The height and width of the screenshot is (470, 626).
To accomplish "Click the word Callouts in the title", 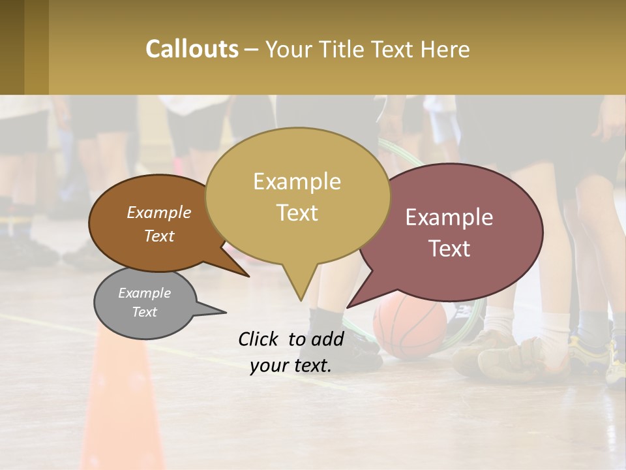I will (192, 50).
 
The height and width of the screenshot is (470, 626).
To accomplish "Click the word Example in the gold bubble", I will (297, 181).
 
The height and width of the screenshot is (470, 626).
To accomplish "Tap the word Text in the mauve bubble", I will (449, 249).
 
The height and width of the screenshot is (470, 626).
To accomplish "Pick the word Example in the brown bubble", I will (158, 213).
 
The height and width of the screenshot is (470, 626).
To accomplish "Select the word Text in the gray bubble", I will (144, 312).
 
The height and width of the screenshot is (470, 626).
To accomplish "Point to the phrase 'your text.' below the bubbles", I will (291, 366).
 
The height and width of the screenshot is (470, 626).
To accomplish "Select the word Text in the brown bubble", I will (158, 236).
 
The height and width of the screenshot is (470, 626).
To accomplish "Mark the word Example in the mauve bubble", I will (449, 217).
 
